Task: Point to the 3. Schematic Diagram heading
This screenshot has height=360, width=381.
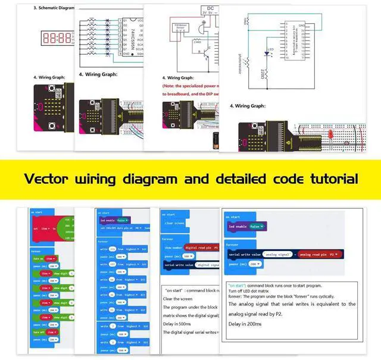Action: pos(54,8)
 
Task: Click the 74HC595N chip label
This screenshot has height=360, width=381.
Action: pos(131,39)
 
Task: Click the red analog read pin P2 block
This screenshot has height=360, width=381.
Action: pos(319,254)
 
